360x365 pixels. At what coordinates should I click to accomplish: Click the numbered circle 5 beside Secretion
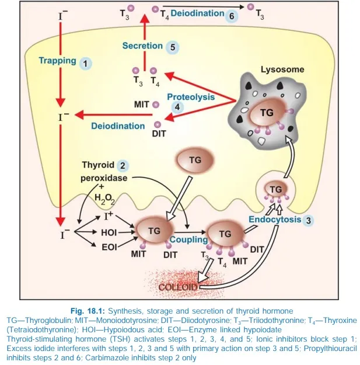[x=172, y=46]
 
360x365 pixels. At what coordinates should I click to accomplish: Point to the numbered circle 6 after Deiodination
[x=231, y=15]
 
